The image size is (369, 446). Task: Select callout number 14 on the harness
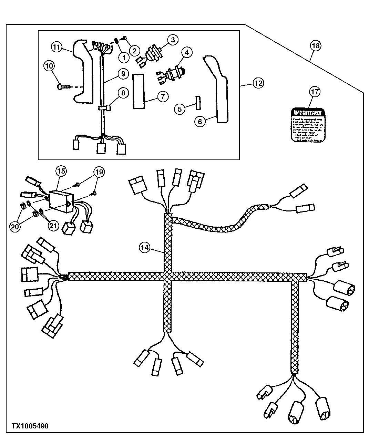[x=145, y=247]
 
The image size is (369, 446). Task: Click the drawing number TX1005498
[x=30, y=426]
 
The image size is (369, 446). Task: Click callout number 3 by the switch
[x=173, y=40]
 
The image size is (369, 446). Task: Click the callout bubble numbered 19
[x=99, y=172]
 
